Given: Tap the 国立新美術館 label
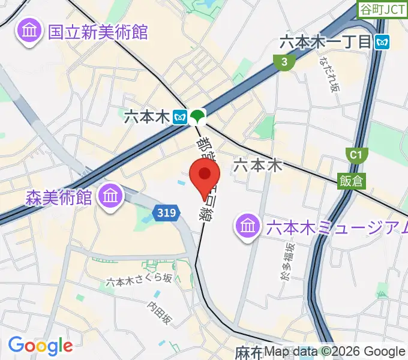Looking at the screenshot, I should point(98,32).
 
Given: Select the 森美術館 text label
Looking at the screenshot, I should point(59,196).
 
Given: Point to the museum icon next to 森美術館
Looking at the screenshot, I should point(111,195).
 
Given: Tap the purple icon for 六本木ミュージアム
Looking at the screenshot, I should point(247,226).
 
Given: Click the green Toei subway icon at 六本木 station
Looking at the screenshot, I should point(197,116).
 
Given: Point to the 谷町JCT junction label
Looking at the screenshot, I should point(382,9).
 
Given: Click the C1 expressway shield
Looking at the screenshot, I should point(356,155).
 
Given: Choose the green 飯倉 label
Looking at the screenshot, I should point(350,180).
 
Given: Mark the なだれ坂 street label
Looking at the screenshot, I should point(329,75).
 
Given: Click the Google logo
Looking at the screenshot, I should point(40,346).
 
